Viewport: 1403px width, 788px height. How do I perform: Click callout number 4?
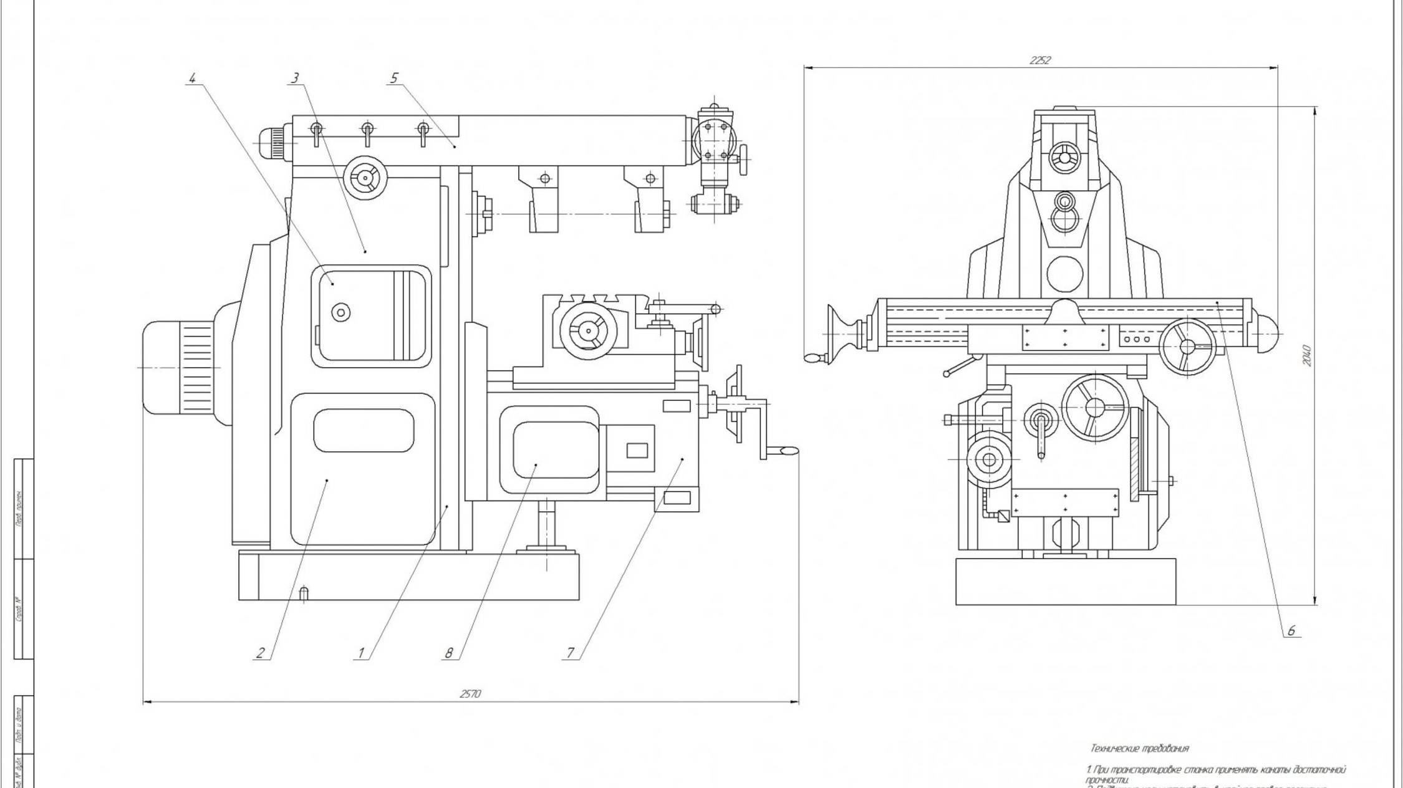(193, 79)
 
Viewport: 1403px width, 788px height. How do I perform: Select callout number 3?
(295, 78)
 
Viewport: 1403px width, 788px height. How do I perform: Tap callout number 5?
(393, 78)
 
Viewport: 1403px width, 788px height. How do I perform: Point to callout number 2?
(260, 653)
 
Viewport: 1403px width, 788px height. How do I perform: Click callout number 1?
(360, 653)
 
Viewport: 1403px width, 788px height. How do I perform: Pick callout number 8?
(448, 653)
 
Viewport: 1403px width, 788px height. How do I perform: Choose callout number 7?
(570, 653)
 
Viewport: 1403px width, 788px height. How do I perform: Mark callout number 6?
(1291, 631)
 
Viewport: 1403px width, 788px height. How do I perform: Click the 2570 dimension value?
(470, 694)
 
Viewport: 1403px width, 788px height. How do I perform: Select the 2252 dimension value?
(1040, 60)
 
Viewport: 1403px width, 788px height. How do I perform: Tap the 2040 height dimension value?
(1307, 355)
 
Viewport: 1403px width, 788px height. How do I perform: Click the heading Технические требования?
(1139, 748)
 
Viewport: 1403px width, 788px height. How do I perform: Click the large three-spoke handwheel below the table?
(1096, 407)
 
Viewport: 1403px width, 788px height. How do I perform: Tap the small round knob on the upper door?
(340, 312)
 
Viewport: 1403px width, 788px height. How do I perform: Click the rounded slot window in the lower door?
(364, 431)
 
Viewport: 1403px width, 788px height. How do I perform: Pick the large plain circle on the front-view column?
(1065, 274)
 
